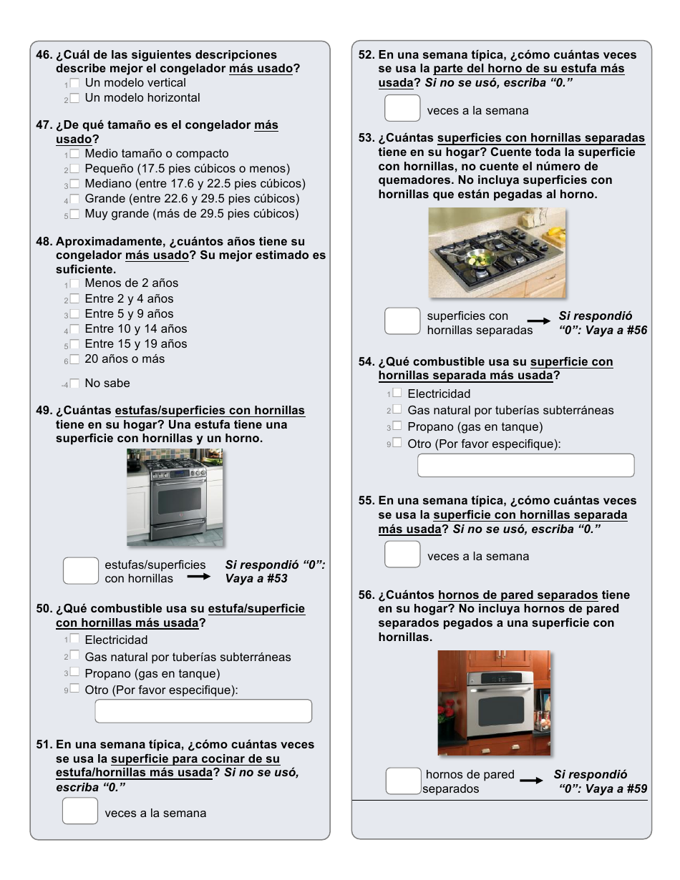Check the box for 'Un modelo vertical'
click(x=74, y=84)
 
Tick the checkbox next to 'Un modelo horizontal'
click(x=74, y=99)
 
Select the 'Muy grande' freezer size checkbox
click(x=74, y=215)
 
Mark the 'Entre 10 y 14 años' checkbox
click(x=74, y=330)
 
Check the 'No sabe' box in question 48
click(x=74, y=383)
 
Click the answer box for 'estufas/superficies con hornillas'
click(x=80, y=571)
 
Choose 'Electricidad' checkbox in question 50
click(x=74, y=639)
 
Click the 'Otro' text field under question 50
click(x=203, y=711)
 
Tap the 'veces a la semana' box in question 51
click(x=80, y=811)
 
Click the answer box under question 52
click(x=402, y=108)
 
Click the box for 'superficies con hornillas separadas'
click(x=402, y=321)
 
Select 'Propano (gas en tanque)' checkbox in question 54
click(x=397, y=426)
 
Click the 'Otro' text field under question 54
click(x=525, y=465)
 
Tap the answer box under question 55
click(x=402, y=554)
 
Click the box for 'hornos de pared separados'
click(x=403, y=781)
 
